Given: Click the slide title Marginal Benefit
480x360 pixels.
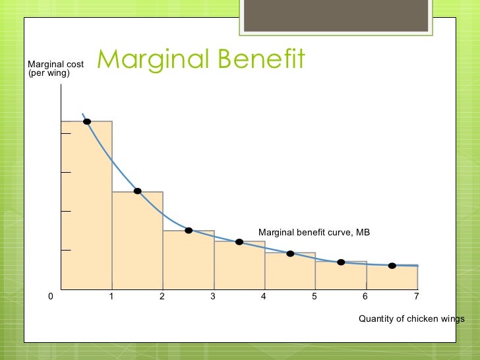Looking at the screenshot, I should (201, 59).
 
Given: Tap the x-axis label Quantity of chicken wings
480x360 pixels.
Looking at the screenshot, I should (411, 319).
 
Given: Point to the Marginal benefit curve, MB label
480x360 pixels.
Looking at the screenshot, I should (314, 232).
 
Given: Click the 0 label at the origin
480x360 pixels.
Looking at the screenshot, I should (51, 297).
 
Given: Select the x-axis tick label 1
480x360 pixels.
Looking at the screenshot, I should (111, 297).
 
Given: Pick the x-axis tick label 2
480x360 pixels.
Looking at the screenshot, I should (162, 297).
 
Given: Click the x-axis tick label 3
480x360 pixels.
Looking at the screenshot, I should (213, 297).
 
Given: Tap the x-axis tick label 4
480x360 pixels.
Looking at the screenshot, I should (264, 297).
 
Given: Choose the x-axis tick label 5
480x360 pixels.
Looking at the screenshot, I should (315, 297).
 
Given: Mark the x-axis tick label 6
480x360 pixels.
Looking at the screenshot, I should (365, 297).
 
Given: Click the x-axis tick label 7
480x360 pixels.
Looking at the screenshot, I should (416, 297).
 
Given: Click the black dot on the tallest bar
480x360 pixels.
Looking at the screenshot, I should (87, 121).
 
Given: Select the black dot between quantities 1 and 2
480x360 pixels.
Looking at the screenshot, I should (138, 191).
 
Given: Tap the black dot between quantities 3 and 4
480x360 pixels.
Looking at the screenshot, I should (239, 242).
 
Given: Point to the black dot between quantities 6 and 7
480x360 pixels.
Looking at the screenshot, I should (392, 266).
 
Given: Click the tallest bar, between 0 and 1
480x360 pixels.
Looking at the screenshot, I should (86, 211).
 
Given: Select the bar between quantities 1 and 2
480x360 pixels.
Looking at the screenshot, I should (137, 244).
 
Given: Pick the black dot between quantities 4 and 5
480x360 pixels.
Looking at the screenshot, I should (290, 253).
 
